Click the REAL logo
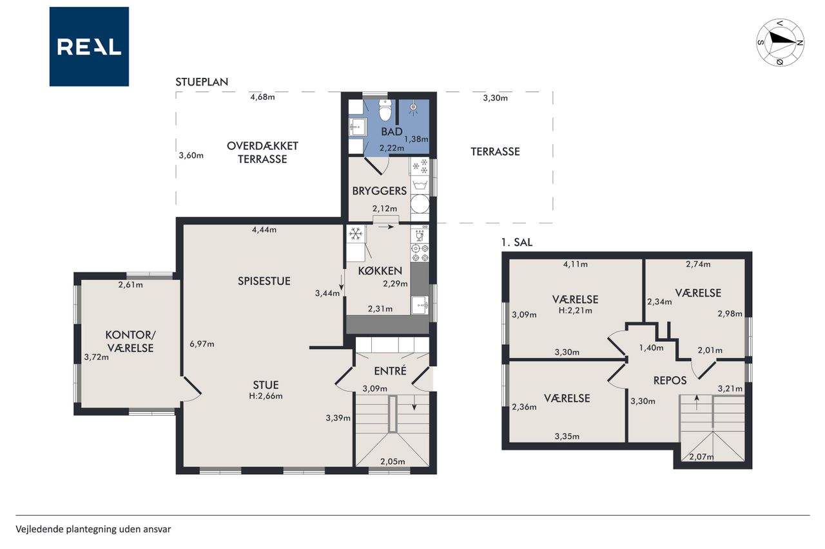[89, 47]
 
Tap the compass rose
[780, 42]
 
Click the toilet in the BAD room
[385, 109]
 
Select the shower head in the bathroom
[414, 107]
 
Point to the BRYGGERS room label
[380, 191]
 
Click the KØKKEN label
[380, 271]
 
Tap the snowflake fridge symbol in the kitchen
[355, 234]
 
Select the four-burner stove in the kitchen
[420, 253]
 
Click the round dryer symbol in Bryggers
[420, 204]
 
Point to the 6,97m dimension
[202, 344]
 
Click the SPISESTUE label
[264, 281]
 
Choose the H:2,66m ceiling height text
[266, 396]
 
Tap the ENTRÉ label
[390, 371]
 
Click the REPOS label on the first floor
[670, 380]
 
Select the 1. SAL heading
[517, 243]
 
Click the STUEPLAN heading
[202, 82]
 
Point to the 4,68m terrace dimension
[262, 97]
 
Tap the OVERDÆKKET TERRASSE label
[262, 153]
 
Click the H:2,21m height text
[576, 311]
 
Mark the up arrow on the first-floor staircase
[697, 402]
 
